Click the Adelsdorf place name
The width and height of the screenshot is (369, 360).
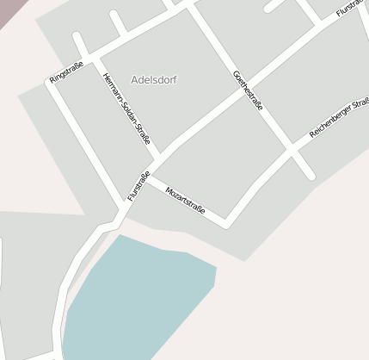click(x=154, y=79)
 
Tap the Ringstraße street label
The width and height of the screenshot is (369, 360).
click(x=66, y=72)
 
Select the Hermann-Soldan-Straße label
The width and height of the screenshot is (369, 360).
click(x=126, y=108)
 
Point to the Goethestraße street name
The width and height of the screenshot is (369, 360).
click(x=248, y=90)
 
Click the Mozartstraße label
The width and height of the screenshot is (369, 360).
click(x=185, y=199)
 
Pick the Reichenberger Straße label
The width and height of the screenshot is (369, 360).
click(x=339, y=120)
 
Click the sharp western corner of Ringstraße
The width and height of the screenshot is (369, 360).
click(x=49, y=84)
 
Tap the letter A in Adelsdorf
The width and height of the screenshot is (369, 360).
click(x=135, y=79)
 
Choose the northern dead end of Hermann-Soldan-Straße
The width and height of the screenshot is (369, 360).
click(x=77, y=37)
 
